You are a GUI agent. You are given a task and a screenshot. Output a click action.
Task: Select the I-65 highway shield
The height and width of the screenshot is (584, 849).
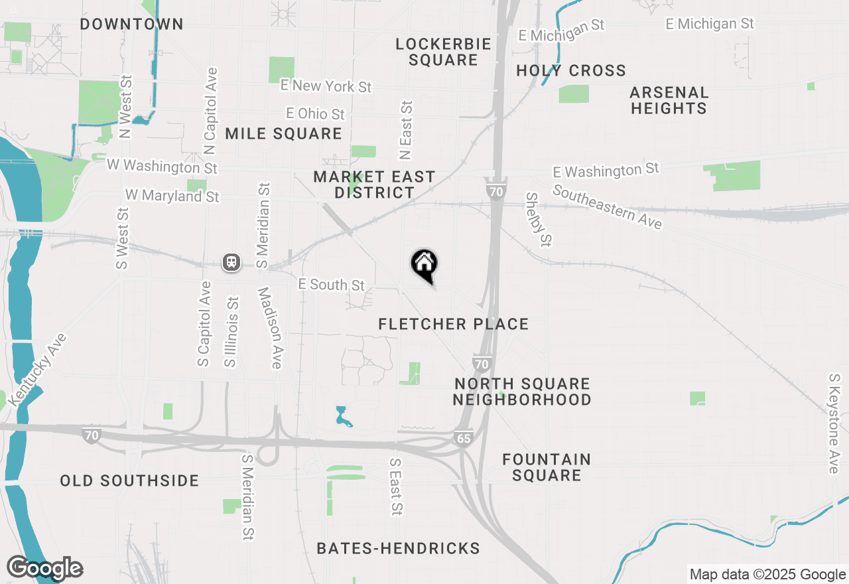[463, 439]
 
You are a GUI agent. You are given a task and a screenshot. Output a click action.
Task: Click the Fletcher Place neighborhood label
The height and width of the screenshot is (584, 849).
[454, 324]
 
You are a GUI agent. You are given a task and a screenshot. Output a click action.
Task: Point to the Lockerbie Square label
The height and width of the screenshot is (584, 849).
[443, 52]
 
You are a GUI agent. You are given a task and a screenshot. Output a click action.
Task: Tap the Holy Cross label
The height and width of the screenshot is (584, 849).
[571, 70]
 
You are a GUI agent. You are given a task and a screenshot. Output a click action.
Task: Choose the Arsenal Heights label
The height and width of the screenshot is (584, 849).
[669, 100]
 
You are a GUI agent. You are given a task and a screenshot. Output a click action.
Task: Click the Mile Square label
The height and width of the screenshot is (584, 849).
[283, 133]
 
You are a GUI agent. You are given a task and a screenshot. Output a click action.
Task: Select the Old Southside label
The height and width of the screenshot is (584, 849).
[129, 480]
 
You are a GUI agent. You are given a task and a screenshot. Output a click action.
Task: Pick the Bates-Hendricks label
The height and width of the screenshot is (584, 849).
[398, 548]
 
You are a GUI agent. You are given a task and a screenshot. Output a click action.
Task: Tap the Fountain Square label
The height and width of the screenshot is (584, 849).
[547, 467]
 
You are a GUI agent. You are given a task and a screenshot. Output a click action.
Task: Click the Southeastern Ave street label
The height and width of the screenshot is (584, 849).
[607, 206]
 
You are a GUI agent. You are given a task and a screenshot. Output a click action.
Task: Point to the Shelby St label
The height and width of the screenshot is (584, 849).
[539, 219]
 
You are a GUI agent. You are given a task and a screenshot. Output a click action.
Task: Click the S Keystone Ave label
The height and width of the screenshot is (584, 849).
[834, 423]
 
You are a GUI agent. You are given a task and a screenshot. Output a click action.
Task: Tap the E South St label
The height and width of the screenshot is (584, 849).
[331, 284]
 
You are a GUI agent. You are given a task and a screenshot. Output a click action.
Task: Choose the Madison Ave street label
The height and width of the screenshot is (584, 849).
[271, 327]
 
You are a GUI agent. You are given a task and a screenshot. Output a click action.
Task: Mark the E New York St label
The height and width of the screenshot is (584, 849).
[326, 86]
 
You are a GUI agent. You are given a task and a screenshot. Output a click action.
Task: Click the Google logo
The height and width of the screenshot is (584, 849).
[44, 568]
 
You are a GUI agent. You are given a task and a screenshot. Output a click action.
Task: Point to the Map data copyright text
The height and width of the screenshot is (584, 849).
[767, 575]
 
